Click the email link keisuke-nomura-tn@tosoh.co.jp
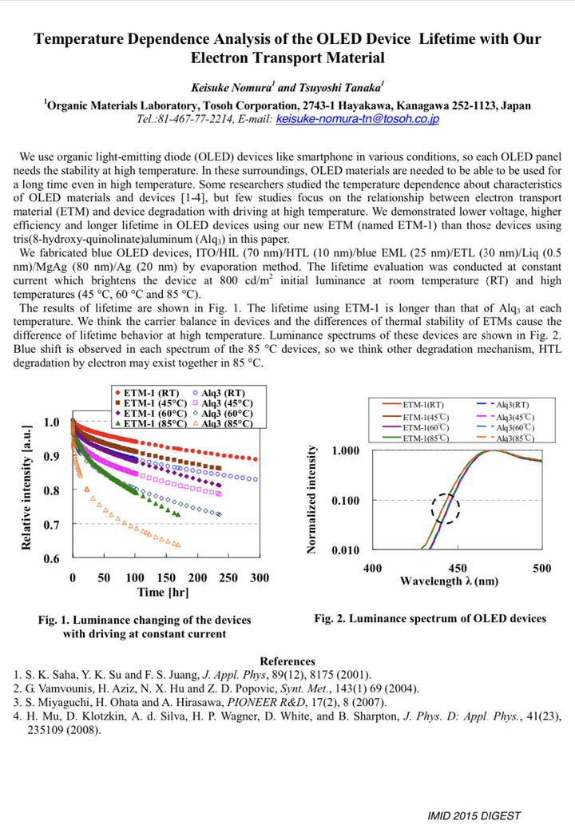pyautogui.click(x=357, y=119)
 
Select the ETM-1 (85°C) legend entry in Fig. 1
pyautogui.click(x=150, y=423)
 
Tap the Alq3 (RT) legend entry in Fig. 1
pyautogui.click(x=218, y=393)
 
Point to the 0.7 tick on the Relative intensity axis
pyautogui.click(x=52, y=525)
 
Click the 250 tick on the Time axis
pyautogui.click(x=228, y=577)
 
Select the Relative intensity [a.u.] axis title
pyautogui.click(x=26, y=487)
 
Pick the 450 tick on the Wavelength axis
pyautogui.click(x=458, y=568)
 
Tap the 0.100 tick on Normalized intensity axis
pyautogui.click(x=346, y=501)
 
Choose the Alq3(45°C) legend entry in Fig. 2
pyautogui.click(x=506, y=418)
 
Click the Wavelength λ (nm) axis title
pyautogui.click(x=450, y=581)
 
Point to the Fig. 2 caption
pyautogui.click(x=430, y=618)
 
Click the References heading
pyautogui.click(x=287, y=661)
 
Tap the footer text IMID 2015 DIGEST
pyautogui.click(x=474, y=815)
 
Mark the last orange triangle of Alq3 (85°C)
pyautogui.click(x=178, y=545)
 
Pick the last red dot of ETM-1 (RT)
pyautogui.click(x=256, y=459)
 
